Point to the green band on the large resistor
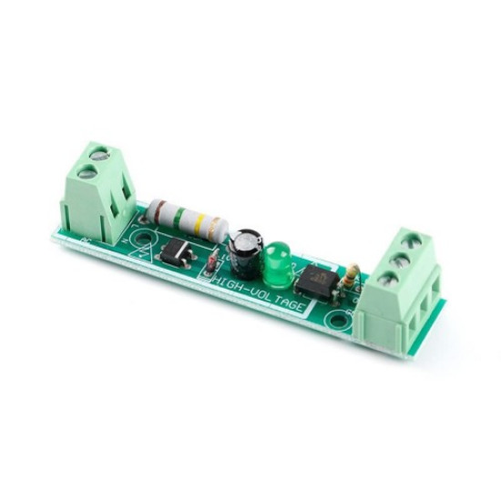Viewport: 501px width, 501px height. (189, 219)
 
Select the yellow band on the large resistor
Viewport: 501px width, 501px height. (202, 221)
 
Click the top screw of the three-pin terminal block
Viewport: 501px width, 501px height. (397, 239)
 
